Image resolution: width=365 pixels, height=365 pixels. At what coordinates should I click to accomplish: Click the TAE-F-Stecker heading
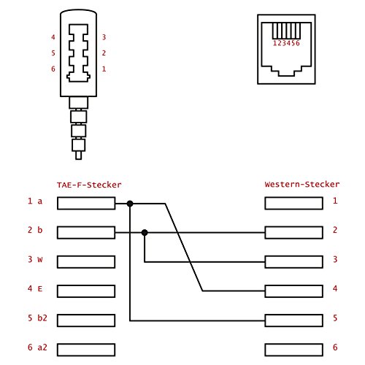[89, 185]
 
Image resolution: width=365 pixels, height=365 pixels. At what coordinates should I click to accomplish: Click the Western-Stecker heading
[302, 185]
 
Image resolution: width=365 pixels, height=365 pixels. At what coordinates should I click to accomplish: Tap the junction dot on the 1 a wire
[130, 204]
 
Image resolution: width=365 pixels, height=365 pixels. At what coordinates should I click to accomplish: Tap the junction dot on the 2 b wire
[145, 233]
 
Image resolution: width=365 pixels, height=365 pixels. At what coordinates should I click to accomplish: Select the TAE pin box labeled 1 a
[86, 204]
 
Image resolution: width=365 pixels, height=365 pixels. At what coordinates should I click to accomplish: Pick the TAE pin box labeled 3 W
[86, 262]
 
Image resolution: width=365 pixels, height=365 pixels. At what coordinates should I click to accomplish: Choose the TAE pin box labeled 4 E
[86, 291]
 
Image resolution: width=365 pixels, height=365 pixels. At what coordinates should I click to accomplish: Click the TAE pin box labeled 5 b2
[86, 320]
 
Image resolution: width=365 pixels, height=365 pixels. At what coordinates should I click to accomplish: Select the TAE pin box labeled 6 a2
[86, 350]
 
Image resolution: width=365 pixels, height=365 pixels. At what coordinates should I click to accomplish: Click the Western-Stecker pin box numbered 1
[294, 204]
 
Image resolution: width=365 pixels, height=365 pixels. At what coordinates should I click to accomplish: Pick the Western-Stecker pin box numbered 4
[294, 291]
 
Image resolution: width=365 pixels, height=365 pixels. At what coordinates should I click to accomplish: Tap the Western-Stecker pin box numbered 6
[294, 350]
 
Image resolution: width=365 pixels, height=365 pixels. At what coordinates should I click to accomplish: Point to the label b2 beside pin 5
[42, 318]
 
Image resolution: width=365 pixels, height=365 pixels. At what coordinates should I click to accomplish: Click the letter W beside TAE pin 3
[40, 260]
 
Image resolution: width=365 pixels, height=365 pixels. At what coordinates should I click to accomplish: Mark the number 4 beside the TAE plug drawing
[53, 37]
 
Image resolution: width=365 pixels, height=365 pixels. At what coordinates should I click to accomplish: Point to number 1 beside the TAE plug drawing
[104, 69]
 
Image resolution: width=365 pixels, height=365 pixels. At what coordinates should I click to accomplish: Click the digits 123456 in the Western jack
[286, 43]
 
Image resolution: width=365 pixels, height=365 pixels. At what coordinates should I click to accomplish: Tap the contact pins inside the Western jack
[286, 31]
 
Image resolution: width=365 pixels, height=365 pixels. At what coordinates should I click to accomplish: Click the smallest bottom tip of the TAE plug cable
[78, 155]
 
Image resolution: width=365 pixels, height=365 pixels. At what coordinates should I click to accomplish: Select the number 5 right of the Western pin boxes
[335, 318]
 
